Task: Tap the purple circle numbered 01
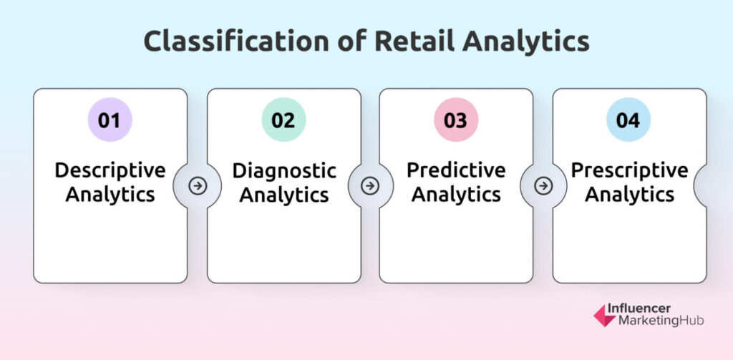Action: pyautogui.click(x=110, y=120)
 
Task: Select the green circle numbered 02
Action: pyautogui.click(x=283, y=120)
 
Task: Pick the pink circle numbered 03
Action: pyautogui.click(x=456, y=120)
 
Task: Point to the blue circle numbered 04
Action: pyautogui.click(x=628, y=120)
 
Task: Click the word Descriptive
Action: pyautogui.click(x=110, y=170)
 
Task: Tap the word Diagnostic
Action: pyautogui.click(x=284, y=170)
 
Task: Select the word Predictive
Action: pyautogui.click(x=456, y=170)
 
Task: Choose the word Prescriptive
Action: pyautogui.click(x=630, y=170)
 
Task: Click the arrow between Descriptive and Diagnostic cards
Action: pyautogui.click(x=198, y=186)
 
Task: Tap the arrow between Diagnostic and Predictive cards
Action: pyautogui.click(x=370, y=186)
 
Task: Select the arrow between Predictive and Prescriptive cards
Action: pyautogui.click(x=543, y=186)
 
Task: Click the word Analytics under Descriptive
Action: pyautogui.click(x=110, y=195)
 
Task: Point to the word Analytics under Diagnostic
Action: pyautogui.click(x=284, y=195)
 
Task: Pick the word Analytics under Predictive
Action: pyautogui.click(x=456, y=195)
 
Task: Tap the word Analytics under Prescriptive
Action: pyautogui.click(x=630, y=195)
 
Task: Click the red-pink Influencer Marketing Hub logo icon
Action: pyautogui.click(x=605, y=316)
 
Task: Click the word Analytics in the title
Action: pyautogui.click(x=525, y=42)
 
